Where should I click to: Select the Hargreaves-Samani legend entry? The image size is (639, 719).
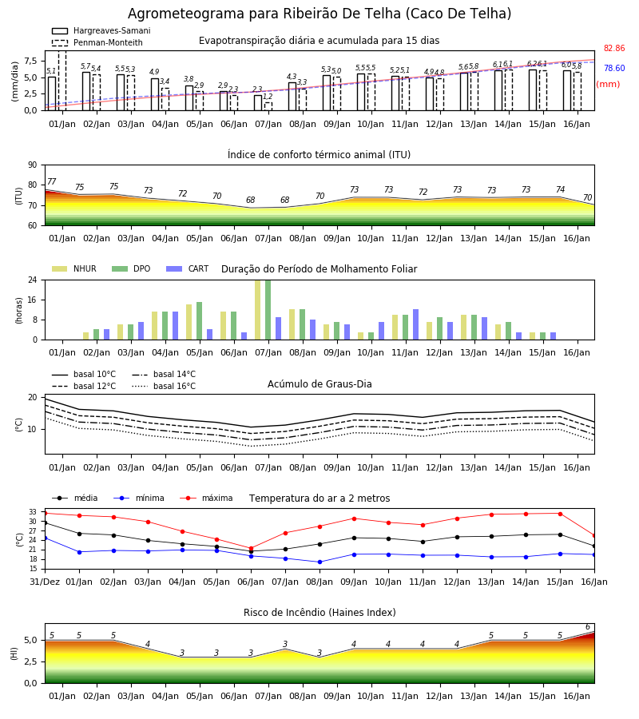pos(101,30)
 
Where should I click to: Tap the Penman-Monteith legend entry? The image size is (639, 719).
pos(97,42)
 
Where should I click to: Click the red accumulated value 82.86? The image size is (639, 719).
pos(614,48)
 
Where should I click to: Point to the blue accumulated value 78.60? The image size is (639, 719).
pos(614,69)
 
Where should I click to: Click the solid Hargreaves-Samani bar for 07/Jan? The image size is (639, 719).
pos(258,103)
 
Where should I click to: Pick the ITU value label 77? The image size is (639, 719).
pos(51,181)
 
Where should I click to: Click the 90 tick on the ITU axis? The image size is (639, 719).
pos(32,165)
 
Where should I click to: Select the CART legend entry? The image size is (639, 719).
pos(188,268)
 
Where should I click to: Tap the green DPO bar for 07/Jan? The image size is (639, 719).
pos(268,310)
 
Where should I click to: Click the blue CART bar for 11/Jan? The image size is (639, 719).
pos(416,324)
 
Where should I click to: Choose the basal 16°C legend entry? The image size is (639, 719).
pos(164,386)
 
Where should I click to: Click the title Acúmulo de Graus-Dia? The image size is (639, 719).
pos(319,383)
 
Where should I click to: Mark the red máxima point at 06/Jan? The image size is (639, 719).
pos(251,548)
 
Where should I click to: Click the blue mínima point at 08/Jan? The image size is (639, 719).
pos(320,562)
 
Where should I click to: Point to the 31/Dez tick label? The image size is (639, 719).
pos(45,582)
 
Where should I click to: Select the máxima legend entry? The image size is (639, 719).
pos(206,498)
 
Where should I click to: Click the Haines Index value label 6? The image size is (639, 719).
pos(588,627)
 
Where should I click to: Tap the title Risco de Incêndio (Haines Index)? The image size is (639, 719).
pos(319,613)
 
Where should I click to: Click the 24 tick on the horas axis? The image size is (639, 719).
pos(32,280)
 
